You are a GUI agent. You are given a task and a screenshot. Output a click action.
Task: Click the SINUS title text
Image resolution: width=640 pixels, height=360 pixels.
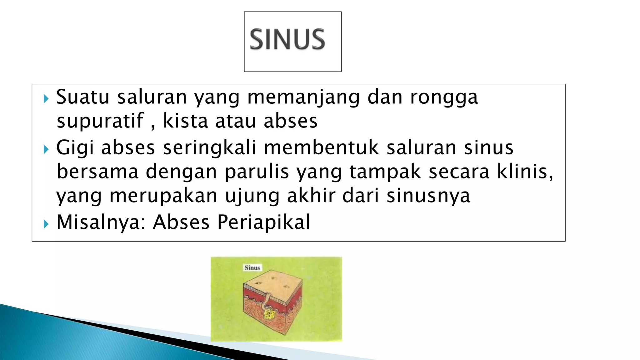(x=287, y=39)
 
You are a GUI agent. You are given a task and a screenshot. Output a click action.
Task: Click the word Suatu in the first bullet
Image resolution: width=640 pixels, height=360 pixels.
(x=83, y=97)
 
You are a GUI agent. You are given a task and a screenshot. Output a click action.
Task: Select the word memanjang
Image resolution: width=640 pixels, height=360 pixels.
(x=303, y=97)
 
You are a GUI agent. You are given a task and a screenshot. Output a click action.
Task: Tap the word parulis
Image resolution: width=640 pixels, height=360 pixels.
(x=257, y=172)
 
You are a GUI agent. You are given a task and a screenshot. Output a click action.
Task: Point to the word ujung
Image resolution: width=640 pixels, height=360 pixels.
(x=252, y=196)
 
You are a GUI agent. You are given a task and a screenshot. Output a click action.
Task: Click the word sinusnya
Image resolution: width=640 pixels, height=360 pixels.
(x=428, y=196)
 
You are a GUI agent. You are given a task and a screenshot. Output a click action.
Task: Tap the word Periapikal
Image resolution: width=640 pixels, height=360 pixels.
(x=263, y=222)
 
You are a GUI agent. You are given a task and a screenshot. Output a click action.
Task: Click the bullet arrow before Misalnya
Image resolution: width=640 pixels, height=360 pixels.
(x=46, y=224)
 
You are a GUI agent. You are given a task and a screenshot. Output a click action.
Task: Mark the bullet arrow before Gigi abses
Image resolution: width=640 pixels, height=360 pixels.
(x=46, y=149)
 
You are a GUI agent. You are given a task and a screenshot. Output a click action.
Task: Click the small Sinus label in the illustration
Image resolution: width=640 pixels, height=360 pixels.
(x=252, y=268)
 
